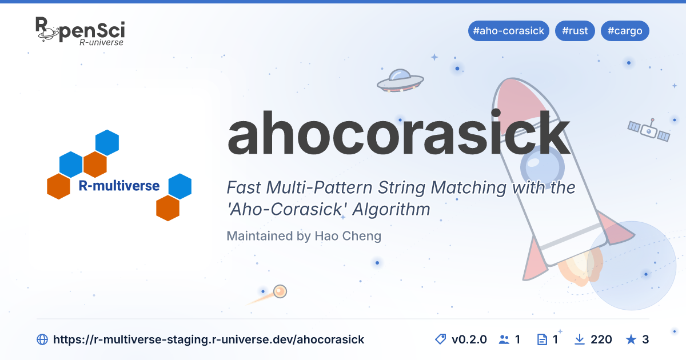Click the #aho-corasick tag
[x=508, y=31]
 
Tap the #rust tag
[x=575, y=31]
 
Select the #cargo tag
[x=625, y=31]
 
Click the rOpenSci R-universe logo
[x=80, y=31]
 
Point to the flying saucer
[x=400, y=81]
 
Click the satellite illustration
[x=649, y=131]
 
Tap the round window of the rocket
[x=543, y=167]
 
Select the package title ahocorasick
[x=398, y=134]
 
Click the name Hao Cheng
[x=348, y=236]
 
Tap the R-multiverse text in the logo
[x=119, y=186]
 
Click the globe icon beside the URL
[x=42, y=339]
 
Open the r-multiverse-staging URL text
[x=209, y=339]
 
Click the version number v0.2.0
[x=469, y=339]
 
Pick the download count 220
[x=601, y=339]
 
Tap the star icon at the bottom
[x=631, y=339]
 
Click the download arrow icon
[x=580, y=339]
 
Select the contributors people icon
[x=504, y=339]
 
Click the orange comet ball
[x=280, y=291]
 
